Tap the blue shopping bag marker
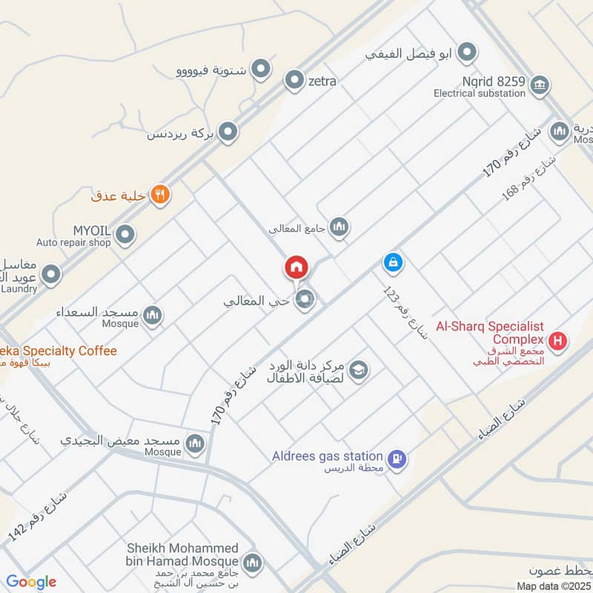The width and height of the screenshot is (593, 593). click(393, 262)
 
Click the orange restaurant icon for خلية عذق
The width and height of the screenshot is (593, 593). click(160, 195)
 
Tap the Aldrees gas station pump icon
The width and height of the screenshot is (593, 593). click(398, 460)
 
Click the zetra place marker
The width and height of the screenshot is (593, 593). click(295, 81)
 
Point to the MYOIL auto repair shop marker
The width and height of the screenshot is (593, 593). click(125, 235)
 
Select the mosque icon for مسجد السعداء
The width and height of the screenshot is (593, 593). click(153, 316)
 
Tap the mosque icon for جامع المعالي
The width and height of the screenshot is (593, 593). click(339, 227)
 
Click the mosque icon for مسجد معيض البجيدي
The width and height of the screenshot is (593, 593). click(195, 443)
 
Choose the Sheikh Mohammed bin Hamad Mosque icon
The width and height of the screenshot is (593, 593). click(253, 563)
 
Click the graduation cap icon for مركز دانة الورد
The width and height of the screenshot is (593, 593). click(359, 370)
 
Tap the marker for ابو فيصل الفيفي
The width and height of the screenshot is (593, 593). click(467, 53)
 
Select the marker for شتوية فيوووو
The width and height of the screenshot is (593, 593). click(260, 70)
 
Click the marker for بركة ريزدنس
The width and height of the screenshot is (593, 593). click(228, 133)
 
